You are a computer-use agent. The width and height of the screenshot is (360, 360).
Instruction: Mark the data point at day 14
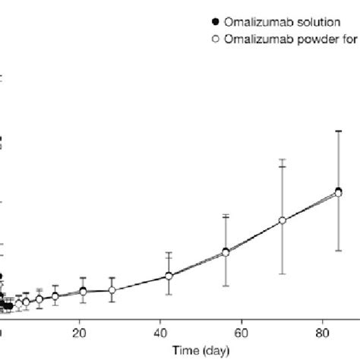coord(55,296)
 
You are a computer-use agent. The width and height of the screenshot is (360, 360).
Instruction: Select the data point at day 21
coord(84,292)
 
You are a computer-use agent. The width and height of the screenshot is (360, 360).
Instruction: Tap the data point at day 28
coord(112,290)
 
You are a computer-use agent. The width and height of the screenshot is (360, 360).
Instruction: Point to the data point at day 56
coord(226,252)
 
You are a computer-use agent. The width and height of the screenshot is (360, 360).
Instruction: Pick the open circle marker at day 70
coord(282,220)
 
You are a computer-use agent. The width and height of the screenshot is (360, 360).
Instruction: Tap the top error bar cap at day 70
coord(282,159)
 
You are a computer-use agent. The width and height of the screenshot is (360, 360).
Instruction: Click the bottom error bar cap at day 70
coord(282,273)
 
